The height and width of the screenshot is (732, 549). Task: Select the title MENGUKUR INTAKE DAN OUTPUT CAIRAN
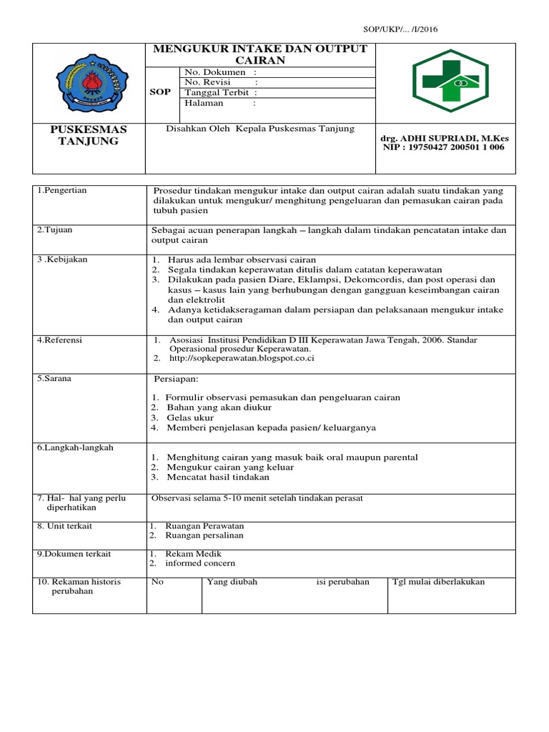click(259, 54)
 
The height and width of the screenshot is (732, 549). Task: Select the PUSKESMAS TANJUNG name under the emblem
click(89, 135)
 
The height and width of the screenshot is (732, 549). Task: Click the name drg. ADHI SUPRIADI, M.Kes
click(445, 137)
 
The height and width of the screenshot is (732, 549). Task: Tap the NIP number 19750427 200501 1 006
click(442, 147)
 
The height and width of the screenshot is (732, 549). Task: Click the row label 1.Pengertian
click(62, 191)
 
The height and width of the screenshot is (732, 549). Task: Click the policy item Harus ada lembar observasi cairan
click(241, 259)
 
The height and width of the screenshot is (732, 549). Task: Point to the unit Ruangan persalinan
click(204, 535)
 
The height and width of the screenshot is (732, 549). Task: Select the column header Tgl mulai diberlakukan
click(439, 582)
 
